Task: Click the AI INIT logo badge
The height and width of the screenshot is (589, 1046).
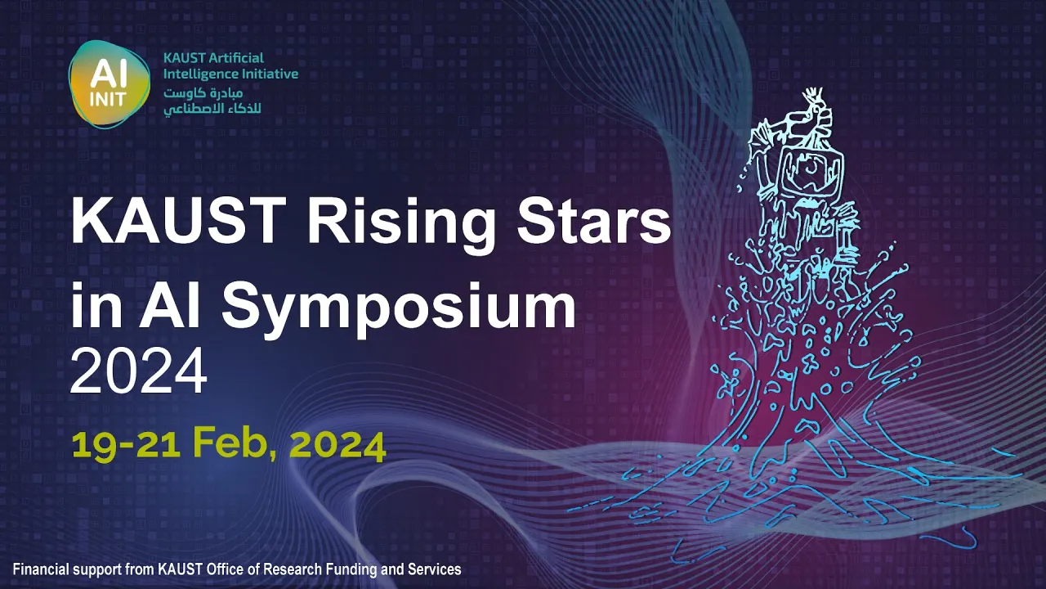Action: (110, 84)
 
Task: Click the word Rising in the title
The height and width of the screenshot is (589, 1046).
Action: (400, 224)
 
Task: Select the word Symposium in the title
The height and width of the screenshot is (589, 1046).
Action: (399, 307)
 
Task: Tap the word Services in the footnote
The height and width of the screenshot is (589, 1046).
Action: (434, 569)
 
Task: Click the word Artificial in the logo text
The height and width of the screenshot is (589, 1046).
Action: (236, 58)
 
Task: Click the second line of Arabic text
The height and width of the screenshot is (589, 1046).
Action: (212, 109)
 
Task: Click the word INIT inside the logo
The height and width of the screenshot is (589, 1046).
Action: (108, 99)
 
